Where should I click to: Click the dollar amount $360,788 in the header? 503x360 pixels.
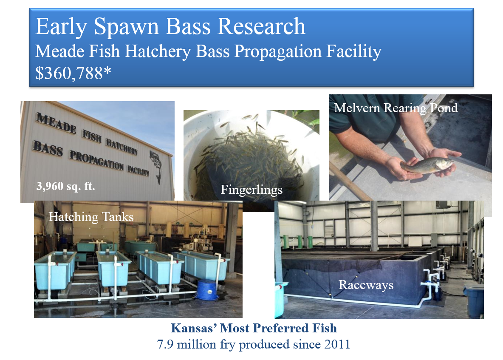click(x=69, y=73)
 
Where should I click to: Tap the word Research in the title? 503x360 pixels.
click(x=261, y=26)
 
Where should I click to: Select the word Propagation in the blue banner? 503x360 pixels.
click(x=278, y=52)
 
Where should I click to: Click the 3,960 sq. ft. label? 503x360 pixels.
click(x=66, y=186)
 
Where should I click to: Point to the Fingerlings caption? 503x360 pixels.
click(x=251, y=190)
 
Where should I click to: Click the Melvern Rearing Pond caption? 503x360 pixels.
click(x=396, y=108)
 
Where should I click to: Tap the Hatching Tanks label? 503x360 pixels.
click(x=91, y=217)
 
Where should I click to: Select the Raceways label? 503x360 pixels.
click(x=366, y=285)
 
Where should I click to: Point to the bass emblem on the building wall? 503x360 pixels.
click(x=156, y=166)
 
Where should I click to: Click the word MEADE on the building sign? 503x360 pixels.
click(x=56, y=123)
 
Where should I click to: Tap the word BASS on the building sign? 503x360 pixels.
click(x=48, y=149)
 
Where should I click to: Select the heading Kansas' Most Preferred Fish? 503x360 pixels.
click(x=254, y=328)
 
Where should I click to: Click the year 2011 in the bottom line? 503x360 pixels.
click(x=337, y=345)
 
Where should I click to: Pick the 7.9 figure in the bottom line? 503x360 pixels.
click(x=166, y=345)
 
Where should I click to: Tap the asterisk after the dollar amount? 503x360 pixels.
click(x=107, y=70)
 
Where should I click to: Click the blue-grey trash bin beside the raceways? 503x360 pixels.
click(x=474, y=301)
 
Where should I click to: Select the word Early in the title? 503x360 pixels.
click(x=61, y=27)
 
